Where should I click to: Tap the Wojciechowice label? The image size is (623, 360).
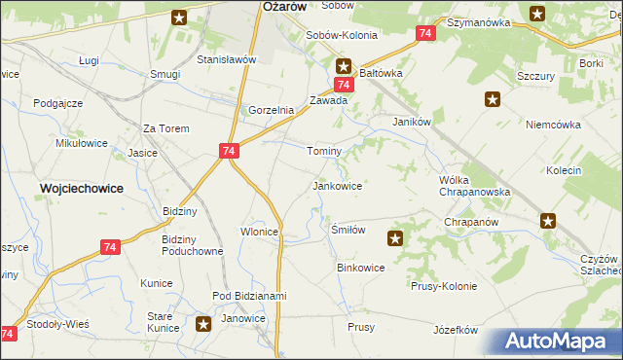(x=81, y=189)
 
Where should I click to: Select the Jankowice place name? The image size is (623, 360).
(x=337, y=185)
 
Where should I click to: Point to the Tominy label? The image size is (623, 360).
(x=324, y=152)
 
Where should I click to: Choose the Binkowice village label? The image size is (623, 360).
(x=360, y=267)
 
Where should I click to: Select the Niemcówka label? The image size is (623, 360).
(x=553, y=125)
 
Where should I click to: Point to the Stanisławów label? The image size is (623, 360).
(x=226, y=59)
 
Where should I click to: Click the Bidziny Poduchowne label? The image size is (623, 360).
(x=193, y=244)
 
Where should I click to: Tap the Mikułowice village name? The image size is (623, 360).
(x=82, y=143)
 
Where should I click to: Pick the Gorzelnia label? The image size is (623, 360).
(x=271, y=110)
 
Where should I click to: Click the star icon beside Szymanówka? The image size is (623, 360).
(x=537, y=14)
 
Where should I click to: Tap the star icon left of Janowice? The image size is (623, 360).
(x=203, y=324)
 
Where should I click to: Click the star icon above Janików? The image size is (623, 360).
(x=493, y=98)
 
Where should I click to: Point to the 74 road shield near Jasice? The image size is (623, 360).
(x=229, y=152)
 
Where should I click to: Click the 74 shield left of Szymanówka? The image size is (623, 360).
(x=424, y=33)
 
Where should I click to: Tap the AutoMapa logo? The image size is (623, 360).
(x=562, y=342)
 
